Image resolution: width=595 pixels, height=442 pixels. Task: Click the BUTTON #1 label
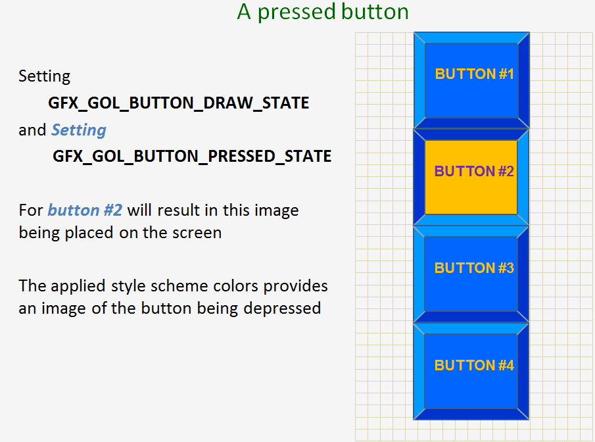474,74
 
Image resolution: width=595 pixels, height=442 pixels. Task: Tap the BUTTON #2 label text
474,172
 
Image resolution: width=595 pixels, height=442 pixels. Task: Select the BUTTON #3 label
474,268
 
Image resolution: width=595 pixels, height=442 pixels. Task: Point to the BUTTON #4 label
474,366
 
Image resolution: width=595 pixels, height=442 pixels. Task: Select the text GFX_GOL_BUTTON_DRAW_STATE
178,103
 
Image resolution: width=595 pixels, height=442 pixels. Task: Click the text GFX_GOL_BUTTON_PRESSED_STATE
192,157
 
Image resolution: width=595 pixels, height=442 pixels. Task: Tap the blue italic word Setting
79,130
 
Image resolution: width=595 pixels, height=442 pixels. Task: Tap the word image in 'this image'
276,211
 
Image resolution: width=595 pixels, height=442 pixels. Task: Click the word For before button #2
31,211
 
